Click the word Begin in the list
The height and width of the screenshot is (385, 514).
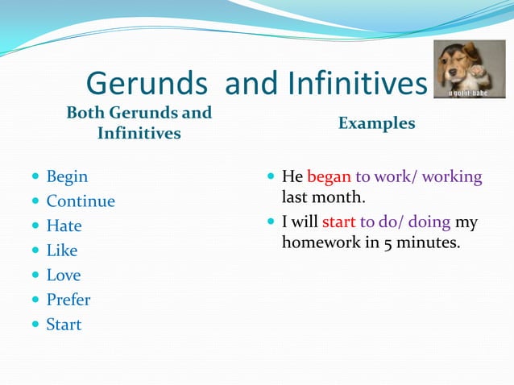click(x=67, y=176)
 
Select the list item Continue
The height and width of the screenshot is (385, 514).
click(x=81, y=201)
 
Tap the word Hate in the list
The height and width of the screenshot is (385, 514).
click(x=64, y=226)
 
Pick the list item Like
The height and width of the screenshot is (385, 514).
click(x=62, y=250)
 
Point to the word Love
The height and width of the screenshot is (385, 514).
click(x=64, y=275)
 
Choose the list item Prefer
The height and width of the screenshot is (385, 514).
click(x=68, y=300)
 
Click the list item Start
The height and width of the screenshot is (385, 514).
click(x=64, y=325)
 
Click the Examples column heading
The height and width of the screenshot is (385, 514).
click(x=376, y=123)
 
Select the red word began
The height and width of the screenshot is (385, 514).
click(x=329, y=176)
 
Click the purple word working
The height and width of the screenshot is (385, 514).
click(x=452, y=176)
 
